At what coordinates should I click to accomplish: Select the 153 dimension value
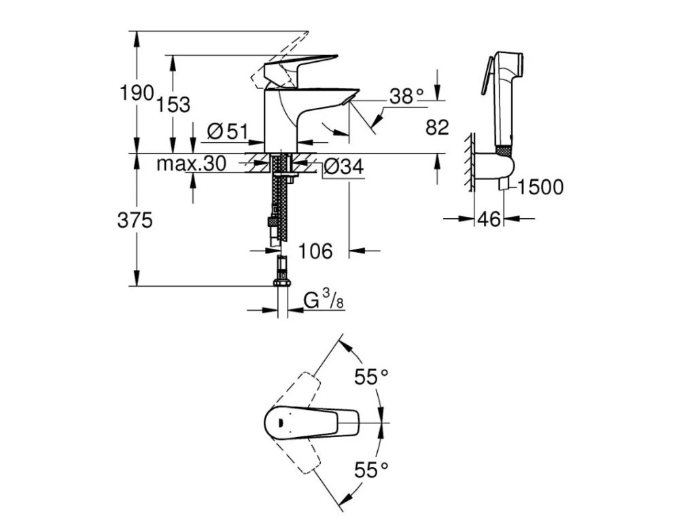173,105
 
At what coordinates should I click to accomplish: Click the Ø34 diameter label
343,166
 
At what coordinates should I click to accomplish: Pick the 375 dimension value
135,220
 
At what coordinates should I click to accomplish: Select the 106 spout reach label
315,251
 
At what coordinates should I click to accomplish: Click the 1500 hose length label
540,187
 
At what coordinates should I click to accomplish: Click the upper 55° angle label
370,376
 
